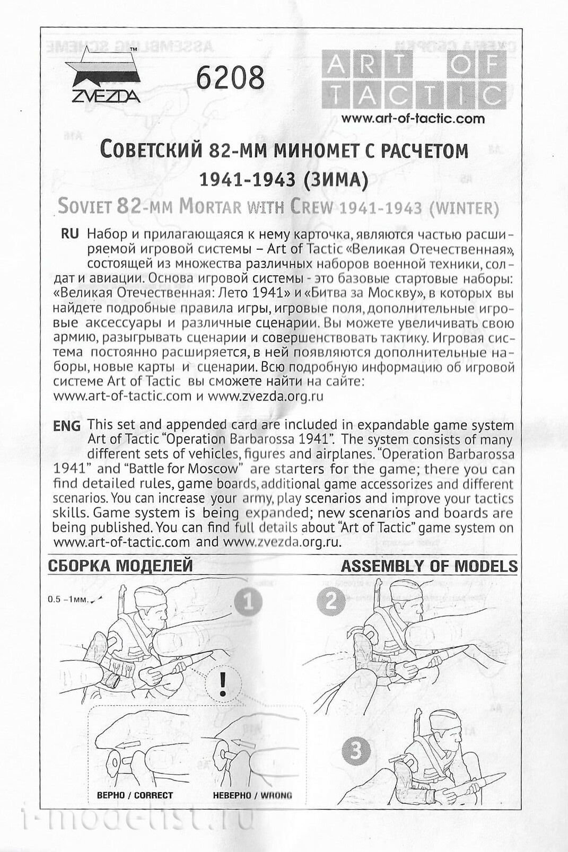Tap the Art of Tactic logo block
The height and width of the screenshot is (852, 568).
click(414, 80)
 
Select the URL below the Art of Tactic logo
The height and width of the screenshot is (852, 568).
click(413, 119)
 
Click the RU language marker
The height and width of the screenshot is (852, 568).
click(70, 234)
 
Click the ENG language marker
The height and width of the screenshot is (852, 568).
click(67, 425)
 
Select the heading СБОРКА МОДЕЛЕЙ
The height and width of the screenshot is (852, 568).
click(120, 566)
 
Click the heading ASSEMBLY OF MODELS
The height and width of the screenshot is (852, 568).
click(429, 566)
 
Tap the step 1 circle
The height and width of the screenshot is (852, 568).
click(248, 602)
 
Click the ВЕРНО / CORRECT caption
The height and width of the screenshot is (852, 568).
click(135, 795)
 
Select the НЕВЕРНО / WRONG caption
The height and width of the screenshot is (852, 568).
click(252, 795)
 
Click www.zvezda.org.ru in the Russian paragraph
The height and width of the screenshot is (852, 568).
click(265, 396)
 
